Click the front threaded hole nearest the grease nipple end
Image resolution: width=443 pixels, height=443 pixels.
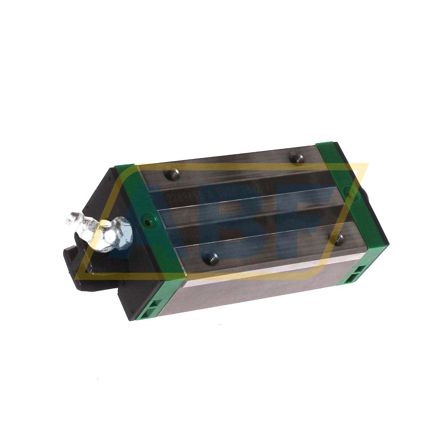tap(210, 257)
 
